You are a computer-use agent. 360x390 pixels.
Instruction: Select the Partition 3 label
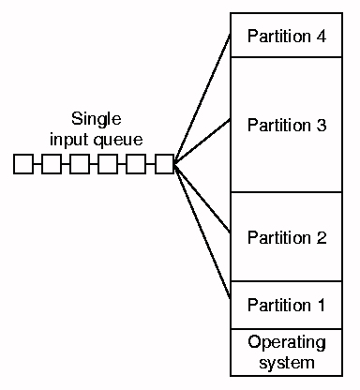tap(287, 126)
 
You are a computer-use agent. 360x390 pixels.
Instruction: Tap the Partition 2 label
tap(287, 237)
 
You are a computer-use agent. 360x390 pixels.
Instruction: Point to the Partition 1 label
tap(287, 305)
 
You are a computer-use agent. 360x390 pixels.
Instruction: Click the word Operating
tap(287, 341)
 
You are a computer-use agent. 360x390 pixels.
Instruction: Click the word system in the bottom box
tap(287, 362)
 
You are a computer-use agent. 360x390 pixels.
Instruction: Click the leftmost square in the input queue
tap(23, 165)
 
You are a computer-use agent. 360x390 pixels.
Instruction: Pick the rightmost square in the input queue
tap(164, 165)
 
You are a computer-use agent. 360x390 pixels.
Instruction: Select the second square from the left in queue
tap(52, 165)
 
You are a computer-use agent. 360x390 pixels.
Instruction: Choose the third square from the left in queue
tap(80, 165)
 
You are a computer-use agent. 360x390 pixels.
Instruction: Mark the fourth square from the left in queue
tap(108, 165)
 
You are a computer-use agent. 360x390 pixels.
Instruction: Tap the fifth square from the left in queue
tap(136, 165)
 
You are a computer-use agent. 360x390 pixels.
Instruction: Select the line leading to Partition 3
tap(202, 143)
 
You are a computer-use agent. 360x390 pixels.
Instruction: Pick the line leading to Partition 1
tap(202, 232)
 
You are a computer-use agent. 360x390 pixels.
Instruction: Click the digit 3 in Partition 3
tap(322, 126)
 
